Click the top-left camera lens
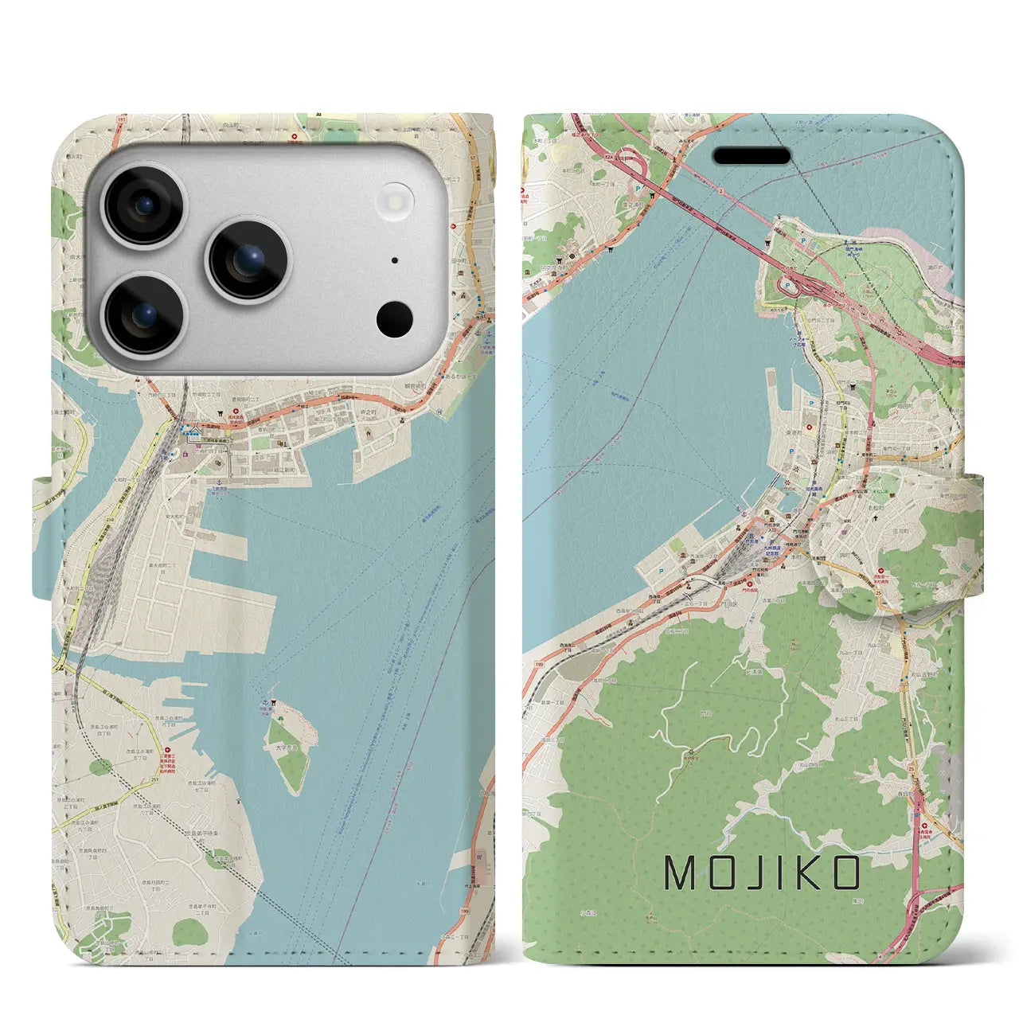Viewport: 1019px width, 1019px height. tap(145, 205)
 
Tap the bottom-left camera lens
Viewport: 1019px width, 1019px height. tap(145, 315)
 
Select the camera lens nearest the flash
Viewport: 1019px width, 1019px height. tap(248, 260)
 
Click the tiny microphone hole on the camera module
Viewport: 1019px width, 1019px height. tap(395, 260)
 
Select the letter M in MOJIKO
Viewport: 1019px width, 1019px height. tap(681, 873)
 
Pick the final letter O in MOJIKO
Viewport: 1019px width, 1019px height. tap(845, 873)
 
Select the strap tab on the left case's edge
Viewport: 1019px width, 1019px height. tap(45, 537)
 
